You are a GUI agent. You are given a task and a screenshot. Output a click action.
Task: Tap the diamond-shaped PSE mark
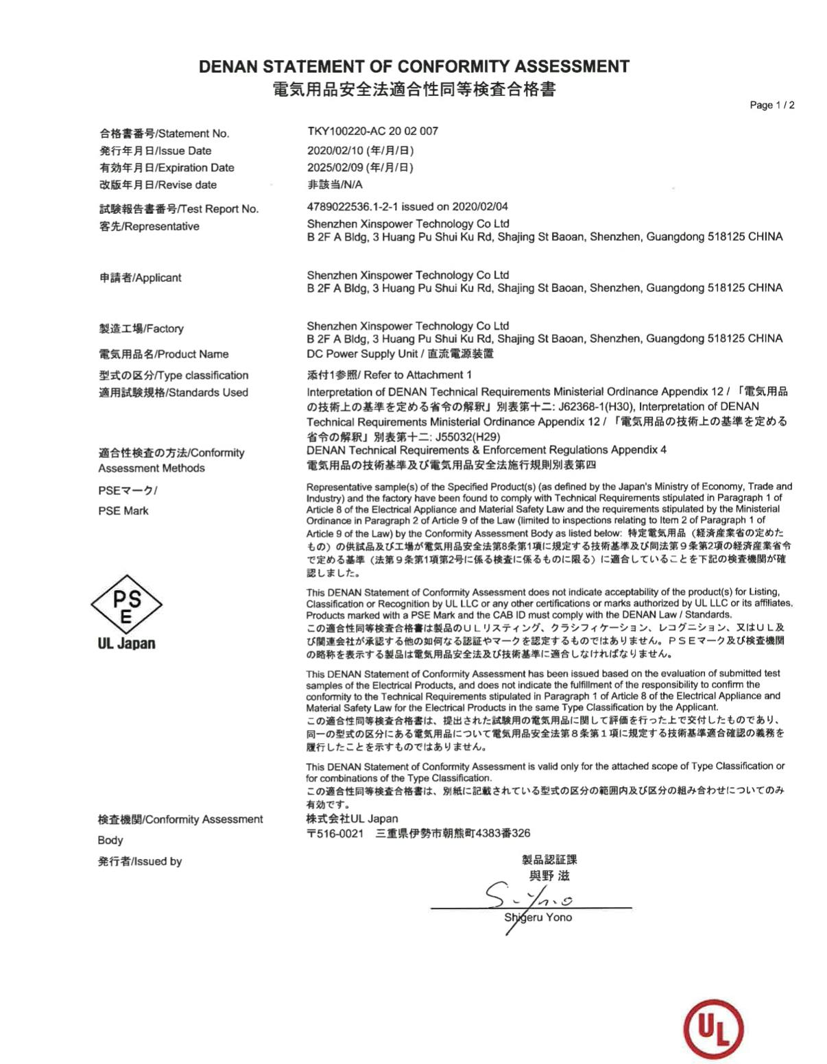126,604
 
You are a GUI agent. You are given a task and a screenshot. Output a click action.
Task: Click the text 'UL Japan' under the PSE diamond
126,643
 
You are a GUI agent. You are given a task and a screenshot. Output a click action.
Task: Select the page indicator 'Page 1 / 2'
772,105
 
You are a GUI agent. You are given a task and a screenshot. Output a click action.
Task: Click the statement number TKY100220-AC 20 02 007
372,131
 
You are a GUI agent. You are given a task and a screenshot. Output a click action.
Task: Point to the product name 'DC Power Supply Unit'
362,354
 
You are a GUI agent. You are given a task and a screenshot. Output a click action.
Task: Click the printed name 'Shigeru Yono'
538,917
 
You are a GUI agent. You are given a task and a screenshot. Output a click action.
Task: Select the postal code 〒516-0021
335,834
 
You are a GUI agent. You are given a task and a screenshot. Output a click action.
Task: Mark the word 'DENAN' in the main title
228,66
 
